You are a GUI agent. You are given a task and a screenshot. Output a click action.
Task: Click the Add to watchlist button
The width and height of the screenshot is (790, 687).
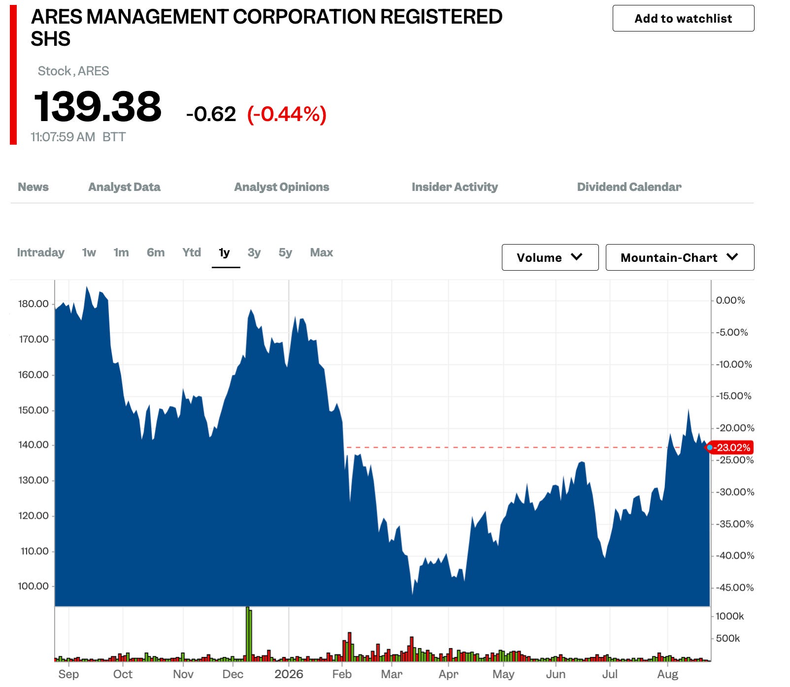(x=683, y=18)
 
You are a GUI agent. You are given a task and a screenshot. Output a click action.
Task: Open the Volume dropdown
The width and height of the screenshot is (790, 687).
(x=550, y=257)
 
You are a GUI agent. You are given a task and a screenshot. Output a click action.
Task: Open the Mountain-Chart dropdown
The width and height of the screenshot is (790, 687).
(x=680, y=257)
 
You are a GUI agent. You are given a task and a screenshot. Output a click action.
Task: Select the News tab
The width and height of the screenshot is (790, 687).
(x=33, y=187)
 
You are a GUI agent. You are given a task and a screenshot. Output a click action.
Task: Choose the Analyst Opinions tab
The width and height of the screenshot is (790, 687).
(x=282, y=187)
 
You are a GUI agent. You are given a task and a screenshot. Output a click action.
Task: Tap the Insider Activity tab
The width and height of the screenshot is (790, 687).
(x=455, y=187)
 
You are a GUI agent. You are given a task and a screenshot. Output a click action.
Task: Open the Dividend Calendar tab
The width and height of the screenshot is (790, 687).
(x=629, y=187)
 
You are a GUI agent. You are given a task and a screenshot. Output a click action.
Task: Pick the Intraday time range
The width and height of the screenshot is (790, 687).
(x=41, y=252)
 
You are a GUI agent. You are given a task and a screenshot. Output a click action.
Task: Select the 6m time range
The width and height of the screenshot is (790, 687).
(x=156, y=252)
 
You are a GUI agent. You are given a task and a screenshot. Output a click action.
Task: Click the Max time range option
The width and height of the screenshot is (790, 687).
(x=322, y=252)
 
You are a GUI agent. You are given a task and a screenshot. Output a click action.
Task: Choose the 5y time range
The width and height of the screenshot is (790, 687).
(x=285, y=252)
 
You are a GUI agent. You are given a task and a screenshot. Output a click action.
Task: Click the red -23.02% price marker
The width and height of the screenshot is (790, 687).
(x=731, y=447)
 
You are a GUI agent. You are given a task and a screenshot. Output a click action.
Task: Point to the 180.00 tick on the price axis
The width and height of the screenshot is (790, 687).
(x=33, y=304)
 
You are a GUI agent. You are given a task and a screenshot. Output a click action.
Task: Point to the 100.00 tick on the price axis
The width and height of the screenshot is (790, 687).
(x=33, y=586)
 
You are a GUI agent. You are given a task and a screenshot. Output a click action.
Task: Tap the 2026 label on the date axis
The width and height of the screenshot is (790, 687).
(x=289, y=674)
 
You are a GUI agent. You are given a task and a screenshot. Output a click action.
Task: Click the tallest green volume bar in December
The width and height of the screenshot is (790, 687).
(x=248, y=633)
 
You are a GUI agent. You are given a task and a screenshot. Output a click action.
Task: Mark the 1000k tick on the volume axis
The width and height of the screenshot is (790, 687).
(x=730, y=616)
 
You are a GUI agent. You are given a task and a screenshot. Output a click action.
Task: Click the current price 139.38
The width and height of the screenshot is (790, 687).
(x=98, y=106)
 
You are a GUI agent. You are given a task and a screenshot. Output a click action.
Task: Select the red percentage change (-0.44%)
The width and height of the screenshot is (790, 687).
(x=287, y=114)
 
